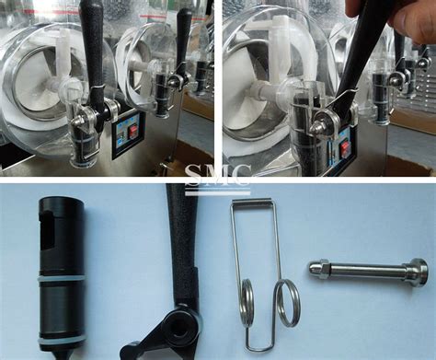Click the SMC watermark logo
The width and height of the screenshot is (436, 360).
point(218,180)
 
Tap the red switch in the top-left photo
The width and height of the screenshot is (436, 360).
point(133,132)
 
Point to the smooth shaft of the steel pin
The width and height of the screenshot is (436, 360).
point(367,270)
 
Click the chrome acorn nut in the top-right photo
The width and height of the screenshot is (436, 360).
point(316,127)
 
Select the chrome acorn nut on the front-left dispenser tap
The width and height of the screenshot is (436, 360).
point(76,122)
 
